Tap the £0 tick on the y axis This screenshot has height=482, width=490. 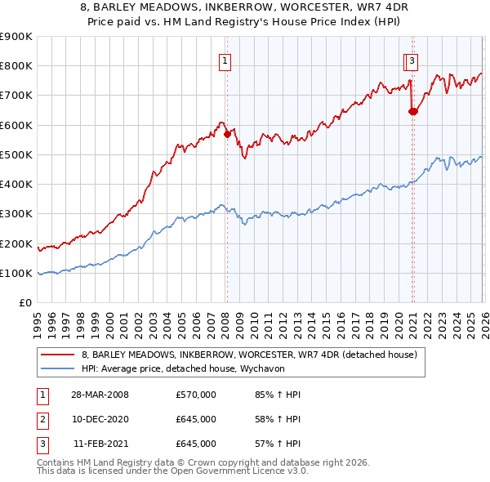pos(25,303)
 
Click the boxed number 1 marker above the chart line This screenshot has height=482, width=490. pos(224,60)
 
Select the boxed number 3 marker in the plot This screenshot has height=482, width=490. pos(412,60)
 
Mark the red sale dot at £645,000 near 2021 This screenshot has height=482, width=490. pos(412,112)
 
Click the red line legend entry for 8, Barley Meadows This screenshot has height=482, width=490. pos(249,355)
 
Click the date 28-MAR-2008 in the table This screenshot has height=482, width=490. pos(100,395)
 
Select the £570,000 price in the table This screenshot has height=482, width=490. pos(196,395)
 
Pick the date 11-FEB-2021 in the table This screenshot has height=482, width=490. pos(100,444)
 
